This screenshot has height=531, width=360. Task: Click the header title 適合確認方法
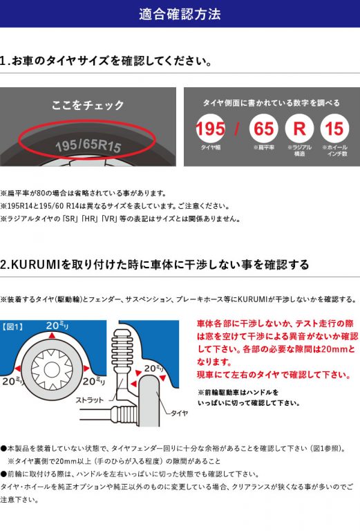[x=180, y=14]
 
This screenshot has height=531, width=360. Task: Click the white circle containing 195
[x=210, y=129]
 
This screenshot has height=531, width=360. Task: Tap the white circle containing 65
[x=263, y=129]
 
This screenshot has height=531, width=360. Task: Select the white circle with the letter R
[x=299, y=129]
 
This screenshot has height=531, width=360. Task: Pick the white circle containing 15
[x=334, y=129]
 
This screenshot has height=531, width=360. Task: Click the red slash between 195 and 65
[x=236, y=129]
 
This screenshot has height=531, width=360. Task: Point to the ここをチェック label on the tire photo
[x=88, y=105]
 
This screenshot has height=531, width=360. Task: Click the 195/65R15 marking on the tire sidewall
[x=88, y=147]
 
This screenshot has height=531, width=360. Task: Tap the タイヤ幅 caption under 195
[x=210, y=147]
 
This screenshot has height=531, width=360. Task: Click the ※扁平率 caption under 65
[x=263, y=147]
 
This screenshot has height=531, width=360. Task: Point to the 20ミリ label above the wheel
[x=57, y=325]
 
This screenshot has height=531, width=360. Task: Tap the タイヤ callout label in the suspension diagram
[x=178, y=413]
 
